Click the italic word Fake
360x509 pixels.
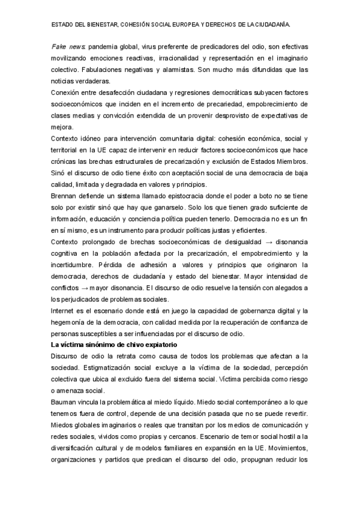59,46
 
